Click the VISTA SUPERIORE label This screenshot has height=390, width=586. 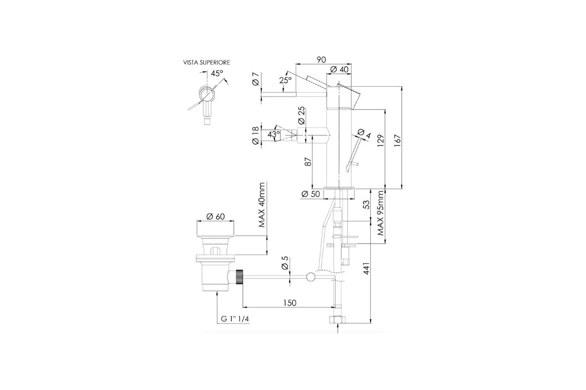click(207, 62)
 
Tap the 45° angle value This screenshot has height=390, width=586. click(217, 74)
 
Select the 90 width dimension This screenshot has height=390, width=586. click(321, 60)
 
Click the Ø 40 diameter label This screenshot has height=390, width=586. click(339, 70)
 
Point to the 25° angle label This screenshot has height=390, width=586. click(285, 80)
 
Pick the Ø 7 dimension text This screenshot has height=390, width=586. click(255, 79)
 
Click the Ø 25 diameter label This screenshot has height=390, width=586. click(301, 115)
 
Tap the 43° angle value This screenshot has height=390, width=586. click(273, 135)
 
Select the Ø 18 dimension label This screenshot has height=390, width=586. click(255, 136)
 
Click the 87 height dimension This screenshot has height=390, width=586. click(309, 162)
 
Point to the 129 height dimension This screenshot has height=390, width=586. click(380, 140)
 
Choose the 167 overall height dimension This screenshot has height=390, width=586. click(397, 140)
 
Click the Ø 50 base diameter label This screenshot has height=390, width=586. click(311, 194)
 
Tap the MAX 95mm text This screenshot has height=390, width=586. click(380, 213)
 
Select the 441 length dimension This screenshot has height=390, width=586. click(367, 268)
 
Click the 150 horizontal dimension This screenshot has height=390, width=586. click(290, 303)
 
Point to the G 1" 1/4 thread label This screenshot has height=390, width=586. click(235, 319)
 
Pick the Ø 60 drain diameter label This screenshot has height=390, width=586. click(215, 216)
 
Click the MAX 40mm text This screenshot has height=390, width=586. click(262, 205)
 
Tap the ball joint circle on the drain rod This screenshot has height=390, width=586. click(310, 277)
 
